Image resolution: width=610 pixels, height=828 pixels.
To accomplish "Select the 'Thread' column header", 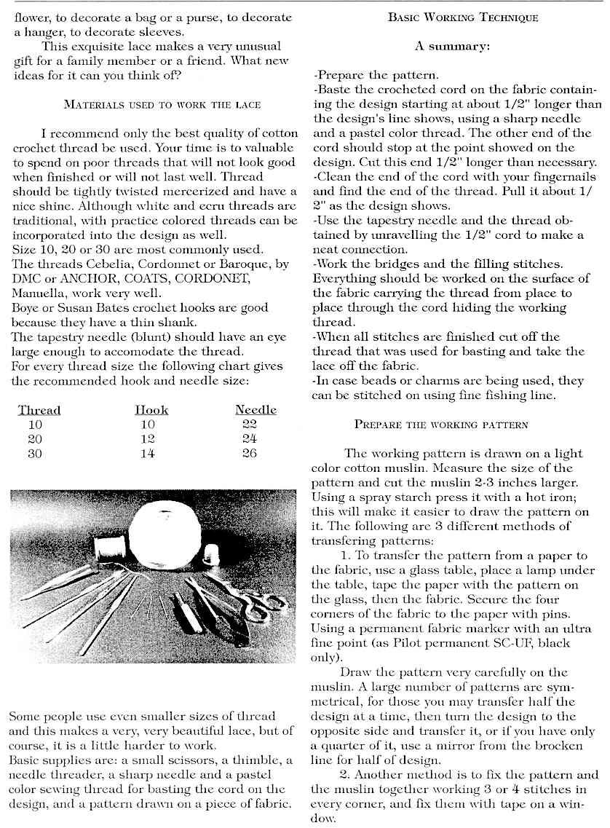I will point(39,410).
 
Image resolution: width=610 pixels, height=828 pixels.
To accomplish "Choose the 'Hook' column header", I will point(152,410).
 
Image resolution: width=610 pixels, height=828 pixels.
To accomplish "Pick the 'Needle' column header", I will point(256,410).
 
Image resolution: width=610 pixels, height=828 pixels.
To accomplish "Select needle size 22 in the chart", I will point(247,425).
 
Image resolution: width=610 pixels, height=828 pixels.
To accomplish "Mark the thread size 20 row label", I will point(35,439).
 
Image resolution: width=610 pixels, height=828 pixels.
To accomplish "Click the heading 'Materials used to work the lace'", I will point(162,104).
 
